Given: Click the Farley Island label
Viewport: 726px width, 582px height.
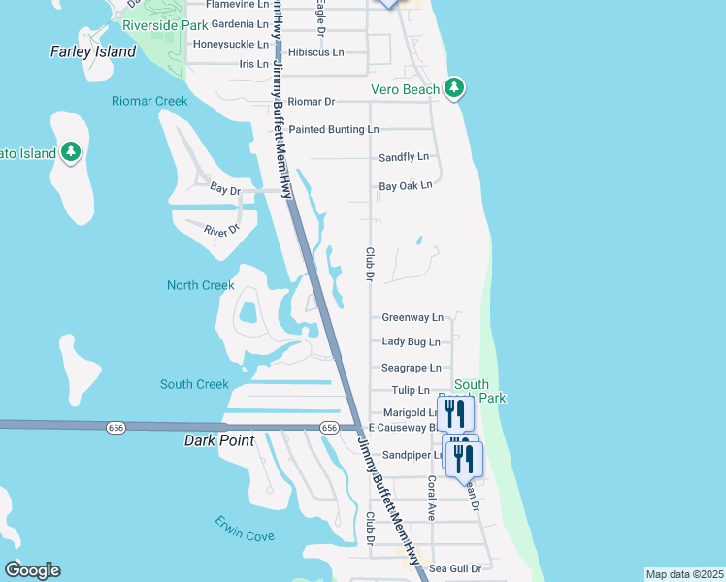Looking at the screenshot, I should (x=93, y=51).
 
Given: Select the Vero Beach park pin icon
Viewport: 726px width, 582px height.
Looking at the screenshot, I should (x=454, y=89).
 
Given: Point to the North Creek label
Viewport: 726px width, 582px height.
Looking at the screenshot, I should (x=201, y=285).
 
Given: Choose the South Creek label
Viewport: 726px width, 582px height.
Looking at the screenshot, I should (x=194, y=384).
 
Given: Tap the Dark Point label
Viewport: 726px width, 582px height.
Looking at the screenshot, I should (x=219, y=440).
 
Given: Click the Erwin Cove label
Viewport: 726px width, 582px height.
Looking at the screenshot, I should (x=244, y=529).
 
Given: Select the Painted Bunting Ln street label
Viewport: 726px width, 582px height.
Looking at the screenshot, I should (x=333, y=129).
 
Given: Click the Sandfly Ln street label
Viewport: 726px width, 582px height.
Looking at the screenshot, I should (x=403, y=157).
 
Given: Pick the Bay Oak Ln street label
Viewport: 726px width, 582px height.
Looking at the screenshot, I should (x=405, y=185).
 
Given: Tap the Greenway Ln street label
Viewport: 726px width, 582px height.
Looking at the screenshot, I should (x=412, y=317).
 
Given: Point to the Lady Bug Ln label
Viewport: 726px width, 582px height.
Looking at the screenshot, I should (x=411, y=341).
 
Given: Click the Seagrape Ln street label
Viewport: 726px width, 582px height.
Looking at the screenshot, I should (x=411, y=368).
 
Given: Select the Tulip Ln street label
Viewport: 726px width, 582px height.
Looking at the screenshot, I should (x=411, y=390).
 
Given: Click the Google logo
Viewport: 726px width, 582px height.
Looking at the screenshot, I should (x=32, y=570).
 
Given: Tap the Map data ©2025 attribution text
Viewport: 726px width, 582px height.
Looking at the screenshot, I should (x=685, y=574).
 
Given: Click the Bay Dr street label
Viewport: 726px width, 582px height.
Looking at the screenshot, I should (x=224, y=191).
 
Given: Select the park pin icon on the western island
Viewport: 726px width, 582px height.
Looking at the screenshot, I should (x=70, y=152).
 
